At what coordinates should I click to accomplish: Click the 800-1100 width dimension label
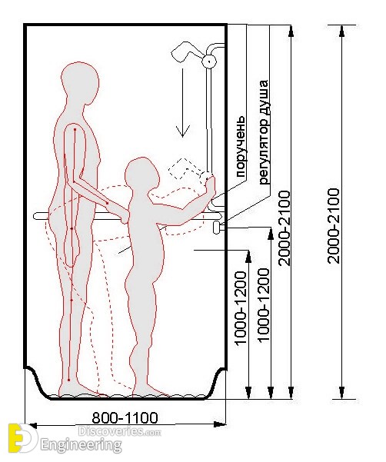click(125, 417)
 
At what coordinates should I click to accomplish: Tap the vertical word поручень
click(241, 146)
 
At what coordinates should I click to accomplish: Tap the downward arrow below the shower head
click(183, 103)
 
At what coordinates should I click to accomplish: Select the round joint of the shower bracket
click(209, 61)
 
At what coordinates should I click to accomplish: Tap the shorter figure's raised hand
click(211, 186)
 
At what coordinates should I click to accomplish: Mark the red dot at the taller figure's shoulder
click(75, 129)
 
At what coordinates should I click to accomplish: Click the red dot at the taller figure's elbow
click(107, 203)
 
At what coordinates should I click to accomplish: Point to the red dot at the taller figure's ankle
click(68, 380)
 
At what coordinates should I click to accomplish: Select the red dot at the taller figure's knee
click(72, 301)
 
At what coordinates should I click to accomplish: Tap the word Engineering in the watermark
click(81, 445)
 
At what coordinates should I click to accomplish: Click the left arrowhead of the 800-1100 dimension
click(32, 426)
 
